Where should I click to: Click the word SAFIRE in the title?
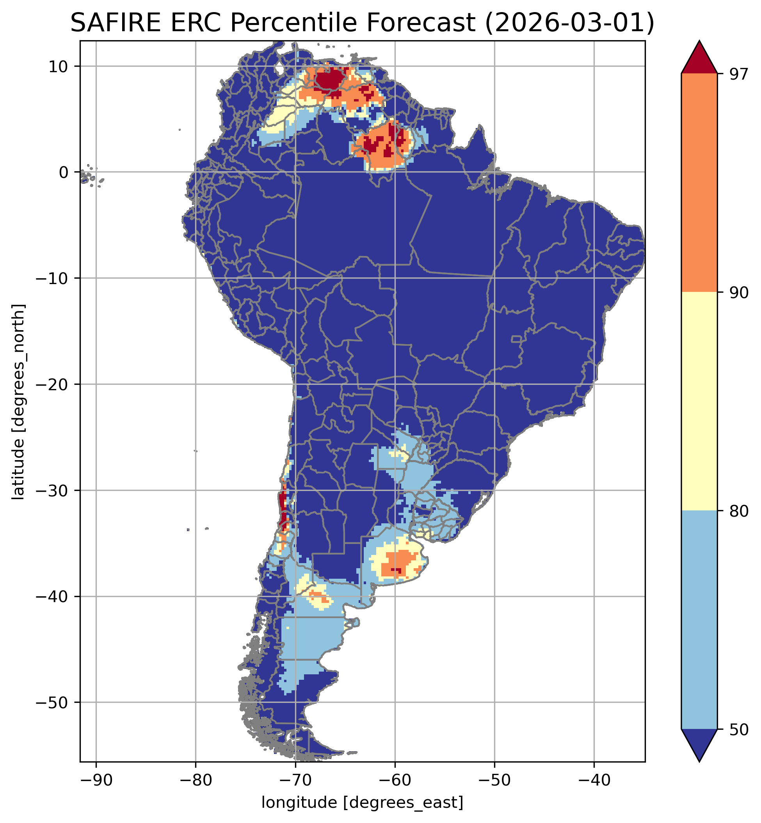(x=114, y=23)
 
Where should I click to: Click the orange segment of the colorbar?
(x=699, y=183)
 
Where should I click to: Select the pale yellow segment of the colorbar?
(x=699, y=402)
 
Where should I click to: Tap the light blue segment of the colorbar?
(x=699, y=620)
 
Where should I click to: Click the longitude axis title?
(x=363, y=802)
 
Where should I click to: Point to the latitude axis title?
(x=18, y=402)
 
